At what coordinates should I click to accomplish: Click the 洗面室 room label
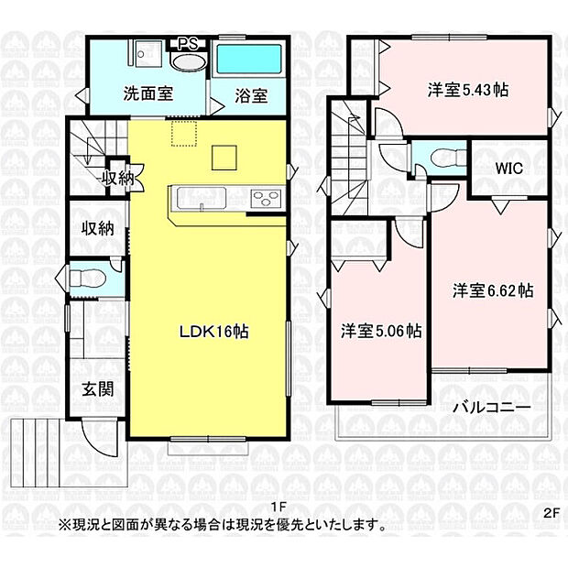(x=146, y=93)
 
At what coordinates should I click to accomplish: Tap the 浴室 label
(x=249, y=94)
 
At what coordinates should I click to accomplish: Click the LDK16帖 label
(x=213, y=333)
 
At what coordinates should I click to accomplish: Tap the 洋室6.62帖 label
(x=492, y=290)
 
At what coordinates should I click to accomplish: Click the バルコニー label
(x=487, y=408)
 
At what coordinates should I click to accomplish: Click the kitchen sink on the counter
(x=195, y=198)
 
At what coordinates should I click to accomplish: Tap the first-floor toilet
(x=89, y=276)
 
